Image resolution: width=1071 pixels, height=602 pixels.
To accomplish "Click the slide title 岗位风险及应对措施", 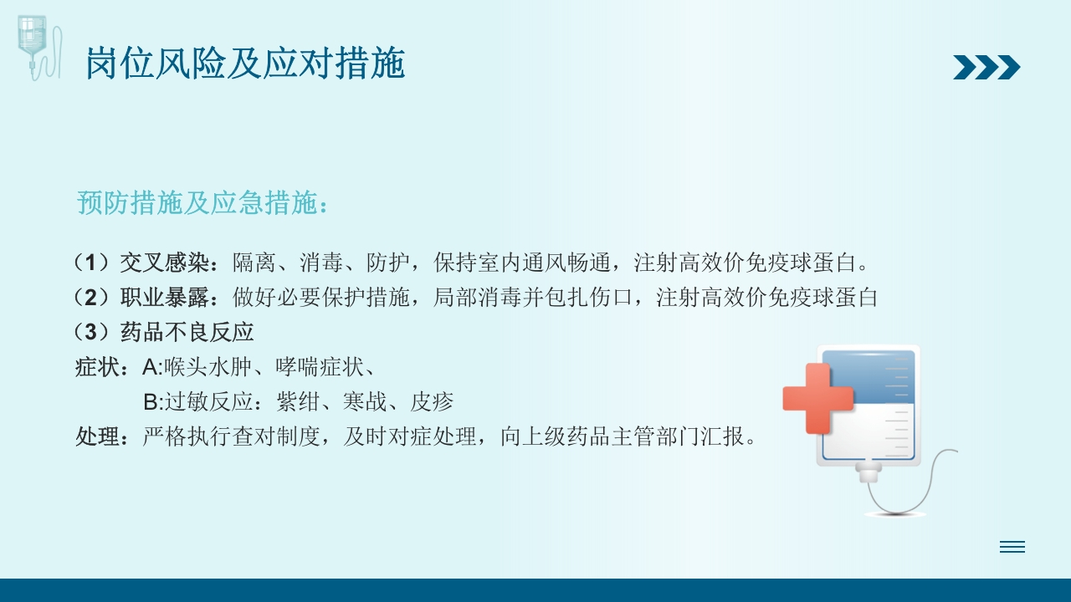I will (x=245, y=64).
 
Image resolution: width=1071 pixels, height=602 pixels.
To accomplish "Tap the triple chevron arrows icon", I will (x=986, y=67).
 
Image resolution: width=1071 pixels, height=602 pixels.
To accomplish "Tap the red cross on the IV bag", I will (x=817, y=398).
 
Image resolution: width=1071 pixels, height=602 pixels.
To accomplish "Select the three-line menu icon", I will (x=1012, y=547).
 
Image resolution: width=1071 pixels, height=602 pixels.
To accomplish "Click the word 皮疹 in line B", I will (x=432, y=402).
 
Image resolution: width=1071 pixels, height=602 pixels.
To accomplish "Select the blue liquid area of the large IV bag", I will (x=870, y=378).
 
